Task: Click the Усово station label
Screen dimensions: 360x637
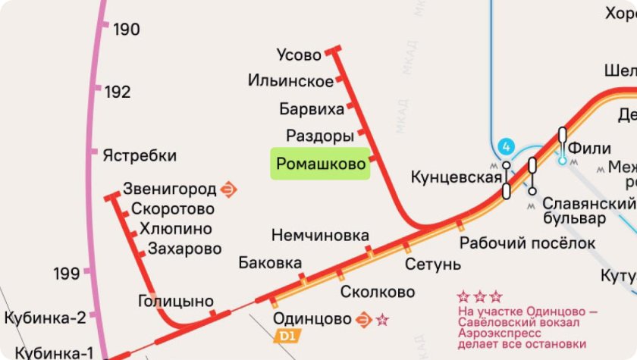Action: coord(299,55)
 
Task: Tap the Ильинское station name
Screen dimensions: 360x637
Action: coord(290,81)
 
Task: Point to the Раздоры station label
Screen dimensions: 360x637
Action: coord(320,136)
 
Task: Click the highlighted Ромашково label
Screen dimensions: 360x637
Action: coord(320,164)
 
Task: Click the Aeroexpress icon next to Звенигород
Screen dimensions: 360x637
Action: coord(229,189)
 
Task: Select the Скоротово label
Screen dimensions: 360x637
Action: coord(173,209)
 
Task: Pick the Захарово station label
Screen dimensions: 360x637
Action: coord(185,249)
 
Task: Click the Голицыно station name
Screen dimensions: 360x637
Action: coord(175,301)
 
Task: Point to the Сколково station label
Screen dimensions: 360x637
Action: coord(378,292)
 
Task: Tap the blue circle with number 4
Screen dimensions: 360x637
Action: coord(506,146)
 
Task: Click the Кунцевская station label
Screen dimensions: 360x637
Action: coord(456,177)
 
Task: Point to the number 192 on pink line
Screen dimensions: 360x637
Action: coord(118,92)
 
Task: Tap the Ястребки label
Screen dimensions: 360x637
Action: coord(140,156)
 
